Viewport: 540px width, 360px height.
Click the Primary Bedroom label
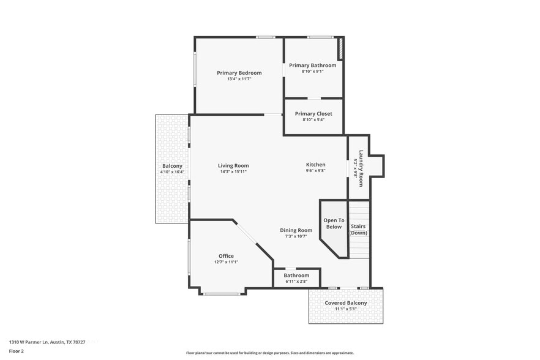(x=239, y=73)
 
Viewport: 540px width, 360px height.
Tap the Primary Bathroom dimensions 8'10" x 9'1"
(x=312, y=72)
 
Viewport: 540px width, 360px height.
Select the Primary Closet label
(x=313, y=114)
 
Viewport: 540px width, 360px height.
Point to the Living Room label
(x=233, y=165)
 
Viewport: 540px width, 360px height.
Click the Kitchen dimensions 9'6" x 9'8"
(x=316, y=171)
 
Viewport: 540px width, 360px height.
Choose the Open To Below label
(x=334, y=223)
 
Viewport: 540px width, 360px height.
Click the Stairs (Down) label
(x=358, y=230)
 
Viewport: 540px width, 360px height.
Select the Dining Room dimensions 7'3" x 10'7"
(x=296, y=236)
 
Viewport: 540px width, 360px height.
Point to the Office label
(x=226, y=256)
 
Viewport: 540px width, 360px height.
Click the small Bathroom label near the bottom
(x=296, y=276)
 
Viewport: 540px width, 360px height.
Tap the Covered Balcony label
(x=346, y=303)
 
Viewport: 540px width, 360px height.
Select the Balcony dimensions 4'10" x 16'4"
(x=172, y=173)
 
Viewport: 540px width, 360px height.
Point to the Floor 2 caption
(x=17, y=351)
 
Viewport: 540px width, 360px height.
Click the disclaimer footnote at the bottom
(x=269, y=353)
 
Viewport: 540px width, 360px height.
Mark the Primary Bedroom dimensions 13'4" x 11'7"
(x=239, y=79)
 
